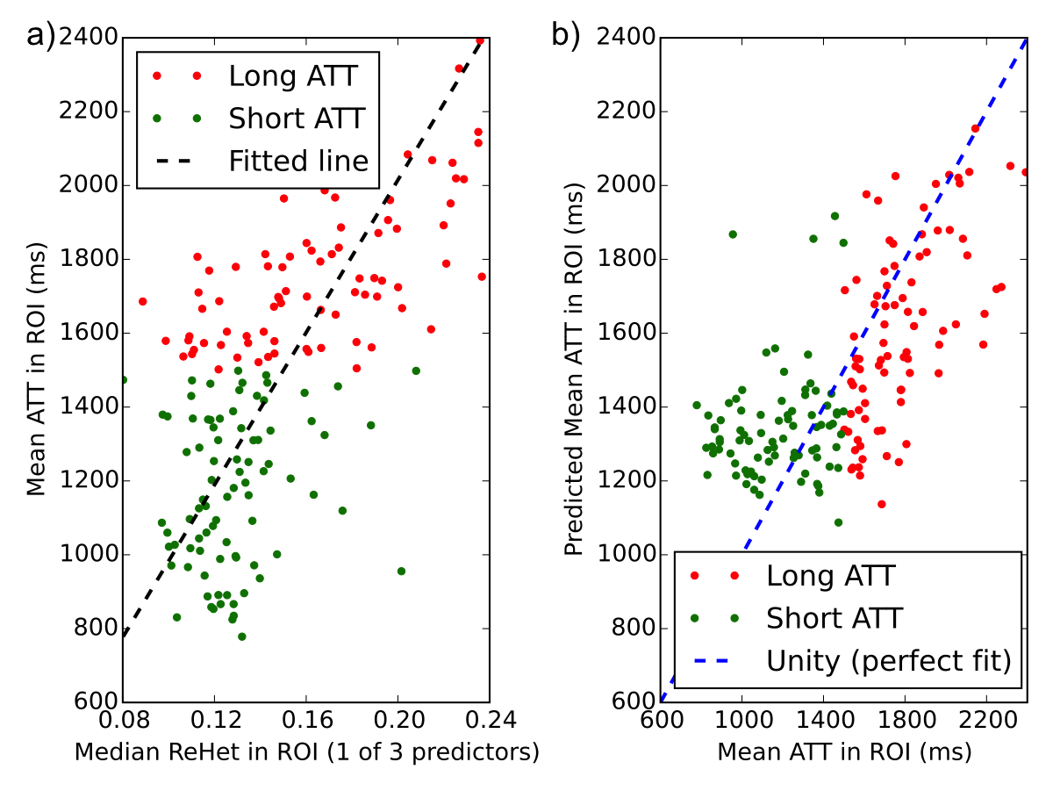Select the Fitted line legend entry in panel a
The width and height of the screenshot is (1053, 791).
pos(298,161)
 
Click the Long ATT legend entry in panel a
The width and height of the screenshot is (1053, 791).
pos(292,76)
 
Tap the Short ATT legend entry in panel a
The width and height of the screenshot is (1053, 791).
pos(296,118)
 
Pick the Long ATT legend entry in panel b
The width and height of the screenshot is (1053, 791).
pos(830,576)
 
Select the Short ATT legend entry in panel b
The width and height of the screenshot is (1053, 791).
pos(834,617)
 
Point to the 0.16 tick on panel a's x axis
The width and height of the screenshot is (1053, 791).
pos(306,721)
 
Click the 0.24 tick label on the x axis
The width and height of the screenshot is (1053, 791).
pos(490,721)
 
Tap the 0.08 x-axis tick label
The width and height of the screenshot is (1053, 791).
pos(123,721)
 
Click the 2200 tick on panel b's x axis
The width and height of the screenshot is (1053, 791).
pos(986,721)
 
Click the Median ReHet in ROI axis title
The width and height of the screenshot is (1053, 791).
pos(306,752)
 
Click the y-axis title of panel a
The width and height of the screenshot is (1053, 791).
pos(36,370)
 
